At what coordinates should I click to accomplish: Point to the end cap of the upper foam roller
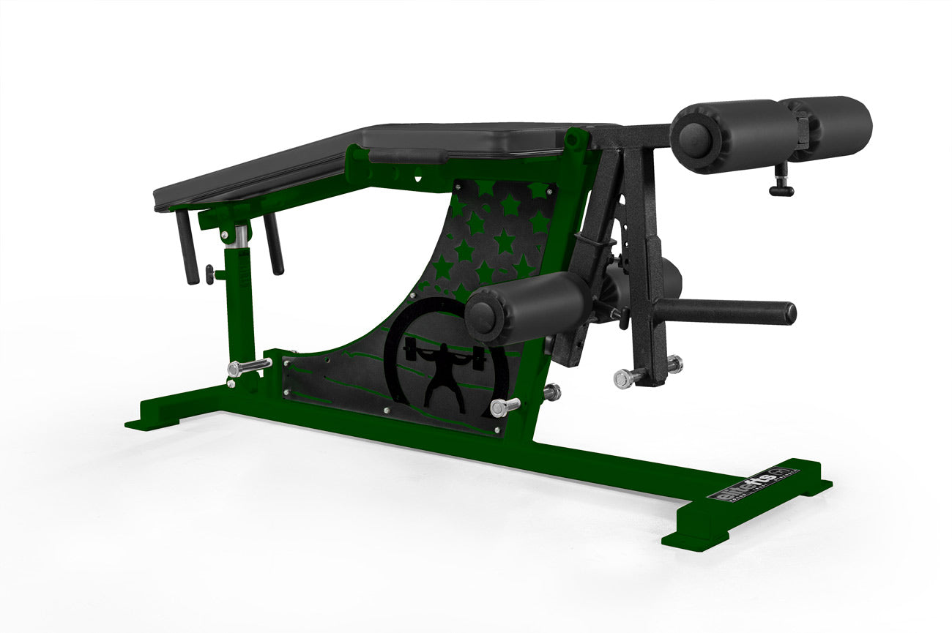[x=691, y=136]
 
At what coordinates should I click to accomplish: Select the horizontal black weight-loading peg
[x=732, y=311]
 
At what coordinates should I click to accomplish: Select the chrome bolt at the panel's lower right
[x=505, y=407]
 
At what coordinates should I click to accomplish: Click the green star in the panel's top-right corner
[x=539, y=192]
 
